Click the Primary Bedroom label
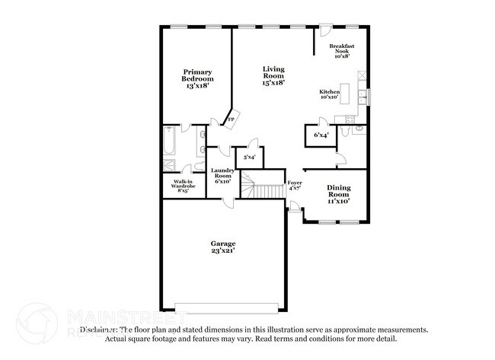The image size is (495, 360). (197, 79)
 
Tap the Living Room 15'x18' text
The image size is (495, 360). (273, 75)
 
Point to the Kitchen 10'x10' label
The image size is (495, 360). (330, 94)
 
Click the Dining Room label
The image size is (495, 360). (338, 194)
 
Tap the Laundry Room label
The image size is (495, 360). (222, 176)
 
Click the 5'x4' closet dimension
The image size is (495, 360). (249, 158)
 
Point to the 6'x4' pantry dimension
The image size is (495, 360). (321, 135)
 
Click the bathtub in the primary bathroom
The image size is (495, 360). (169, 141)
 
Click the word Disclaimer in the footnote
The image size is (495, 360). (99, 330)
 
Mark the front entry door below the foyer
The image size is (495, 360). (294, 205)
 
